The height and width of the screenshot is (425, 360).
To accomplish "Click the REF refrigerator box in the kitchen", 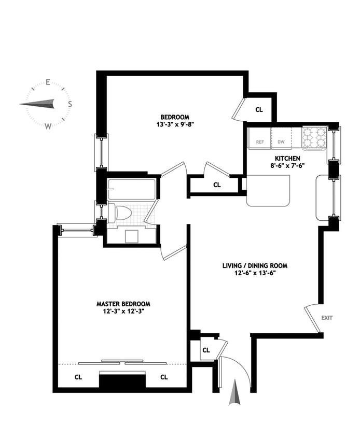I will [259, 141].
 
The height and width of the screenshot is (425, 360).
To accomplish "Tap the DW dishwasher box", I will [281, 141].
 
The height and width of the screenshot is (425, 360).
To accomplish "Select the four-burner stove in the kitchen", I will [314, 138].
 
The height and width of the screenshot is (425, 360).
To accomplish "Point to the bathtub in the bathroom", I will [131, 189].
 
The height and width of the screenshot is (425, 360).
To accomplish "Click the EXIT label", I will [327, 318].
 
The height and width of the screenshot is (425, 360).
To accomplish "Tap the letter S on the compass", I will [70, 104].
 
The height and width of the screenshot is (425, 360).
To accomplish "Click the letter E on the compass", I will [48, 82].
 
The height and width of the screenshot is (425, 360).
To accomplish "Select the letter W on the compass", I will [48, 126].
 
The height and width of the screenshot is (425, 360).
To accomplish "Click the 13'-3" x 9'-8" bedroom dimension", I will [174, 124].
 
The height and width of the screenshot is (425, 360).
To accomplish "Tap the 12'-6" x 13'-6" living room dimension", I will [254, 274].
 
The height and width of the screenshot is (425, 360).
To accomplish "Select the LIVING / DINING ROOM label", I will [254, 266].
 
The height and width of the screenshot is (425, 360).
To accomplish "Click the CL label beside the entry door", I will [206, 350].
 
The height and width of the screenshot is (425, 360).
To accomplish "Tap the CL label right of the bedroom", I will [259, 110].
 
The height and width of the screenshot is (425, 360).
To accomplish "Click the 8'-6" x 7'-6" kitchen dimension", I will [287, 166].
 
